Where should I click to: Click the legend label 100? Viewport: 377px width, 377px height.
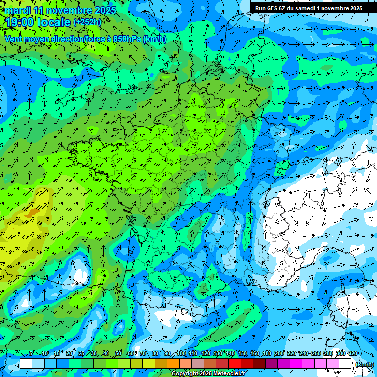click(x=181, y=353)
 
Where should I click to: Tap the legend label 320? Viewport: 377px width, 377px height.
click(x=352, y=353)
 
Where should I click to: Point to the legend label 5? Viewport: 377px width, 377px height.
click(x=31, y=353)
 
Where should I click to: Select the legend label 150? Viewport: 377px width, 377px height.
click(x=242, y=353)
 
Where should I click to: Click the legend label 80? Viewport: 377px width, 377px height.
click(x=155, y=353)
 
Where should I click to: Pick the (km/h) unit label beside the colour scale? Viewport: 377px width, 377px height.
click(x=364, y=364)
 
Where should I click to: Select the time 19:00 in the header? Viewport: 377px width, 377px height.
click(x=20, y=22)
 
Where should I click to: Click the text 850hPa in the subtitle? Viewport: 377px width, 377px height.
click(x=127, y=39)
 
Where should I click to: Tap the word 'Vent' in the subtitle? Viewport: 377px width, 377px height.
click(x=14, y=39)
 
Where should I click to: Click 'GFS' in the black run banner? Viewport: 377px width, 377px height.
click(x=273, y=8)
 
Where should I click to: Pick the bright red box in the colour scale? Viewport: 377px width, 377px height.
click(x=235, y=364)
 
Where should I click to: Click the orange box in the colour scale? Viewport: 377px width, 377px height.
click(x=173, y=364)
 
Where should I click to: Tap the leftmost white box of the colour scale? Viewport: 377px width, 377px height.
click(x=26, y=364)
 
